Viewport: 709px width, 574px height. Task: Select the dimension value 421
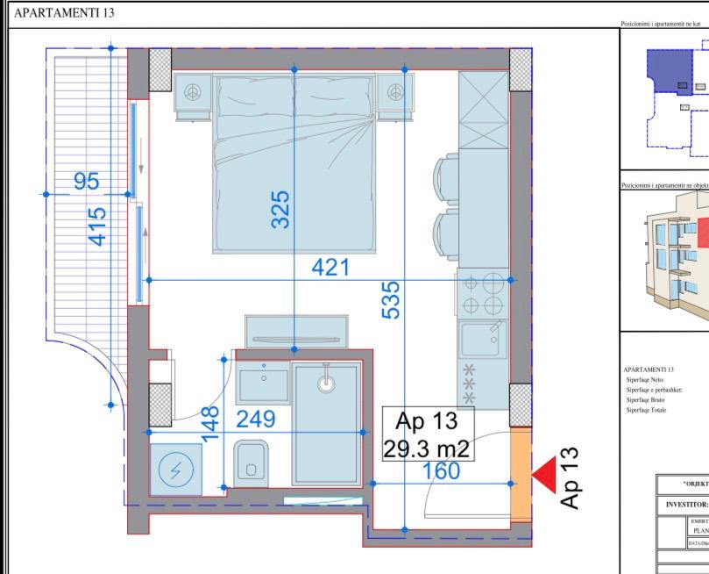[x=331, y=267]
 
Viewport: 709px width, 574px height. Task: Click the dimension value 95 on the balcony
[x=86, y=181]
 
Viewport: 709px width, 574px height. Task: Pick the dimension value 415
[x=98, y=226]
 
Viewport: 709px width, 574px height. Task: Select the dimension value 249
[x=255, y=419]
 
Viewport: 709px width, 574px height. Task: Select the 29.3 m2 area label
[x=427, y=449]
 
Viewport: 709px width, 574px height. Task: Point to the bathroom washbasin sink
[x=262, y=382]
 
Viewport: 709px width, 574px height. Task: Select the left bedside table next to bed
[x=193, y=95]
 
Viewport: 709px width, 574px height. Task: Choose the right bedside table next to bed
[x=395, y=95]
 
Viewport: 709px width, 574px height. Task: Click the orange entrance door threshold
[x=521, y=474]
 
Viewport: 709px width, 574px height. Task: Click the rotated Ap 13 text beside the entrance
[x=571, y=477]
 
